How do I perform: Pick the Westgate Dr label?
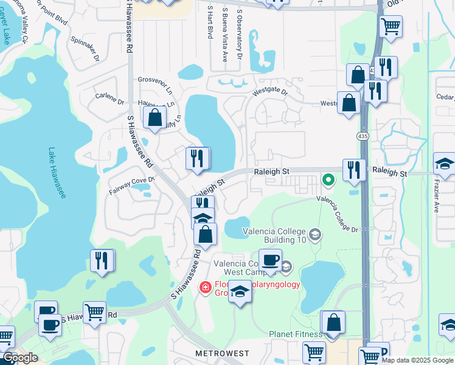click(x=270, y=91)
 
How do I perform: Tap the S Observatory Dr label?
click(x=240, y=33)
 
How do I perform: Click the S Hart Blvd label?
click(x=209, y=23)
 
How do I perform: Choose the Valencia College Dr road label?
click(x=337, y=214)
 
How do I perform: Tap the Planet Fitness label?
click(x=296, y=334)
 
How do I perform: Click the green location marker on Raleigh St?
click(x=328, y=179)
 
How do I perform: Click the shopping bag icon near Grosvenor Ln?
click(x=155, y=116)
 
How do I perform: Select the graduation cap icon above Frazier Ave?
click(x=444, y=164)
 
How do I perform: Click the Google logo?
click(x=19, y=358)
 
